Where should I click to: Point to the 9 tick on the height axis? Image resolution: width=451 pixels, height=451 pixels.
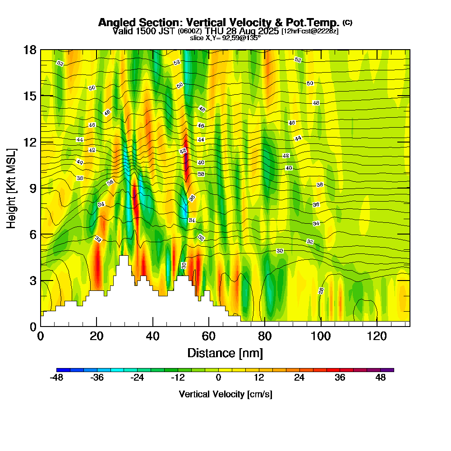[32, 188]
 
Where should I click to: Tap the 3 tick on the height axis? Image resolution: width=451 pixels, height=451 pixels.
[32, 280]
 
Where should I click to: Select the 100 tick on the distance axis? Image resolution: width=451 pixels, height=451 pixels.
[321, 336]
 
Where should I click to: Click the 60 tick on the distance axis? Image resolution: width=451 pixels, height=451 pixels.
[209, 336]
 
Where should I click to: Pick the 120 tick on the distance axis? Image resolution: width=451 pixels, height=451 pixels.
[377, 336]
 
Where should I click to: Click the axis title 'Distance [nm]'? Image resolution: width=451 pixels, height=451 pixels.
[225, 353]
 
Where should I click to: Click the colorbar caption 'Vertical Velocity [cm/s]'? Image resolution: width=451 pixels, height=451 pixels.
[225, 394]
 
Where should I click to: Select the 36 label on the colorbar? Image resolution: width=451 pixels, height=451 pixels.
[340, 378]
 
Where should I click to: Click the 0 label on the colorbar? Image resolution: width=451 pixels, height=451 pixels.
[218, 378]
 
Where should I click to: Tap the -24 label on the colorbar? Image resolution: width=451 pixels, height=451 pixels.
[137, 378]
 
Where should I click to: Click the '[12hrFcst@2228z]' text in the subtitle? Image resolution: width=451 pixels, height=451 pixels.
[310, 31]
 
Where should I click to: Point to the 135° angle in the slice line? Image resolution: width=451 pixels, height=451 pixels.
[253, 38]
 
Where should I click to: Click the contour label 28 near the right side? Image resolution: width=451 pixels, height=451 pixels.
[322, 291]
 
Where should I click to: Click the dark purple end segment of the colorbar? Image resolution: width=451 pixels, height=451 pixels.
[390, 370]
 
